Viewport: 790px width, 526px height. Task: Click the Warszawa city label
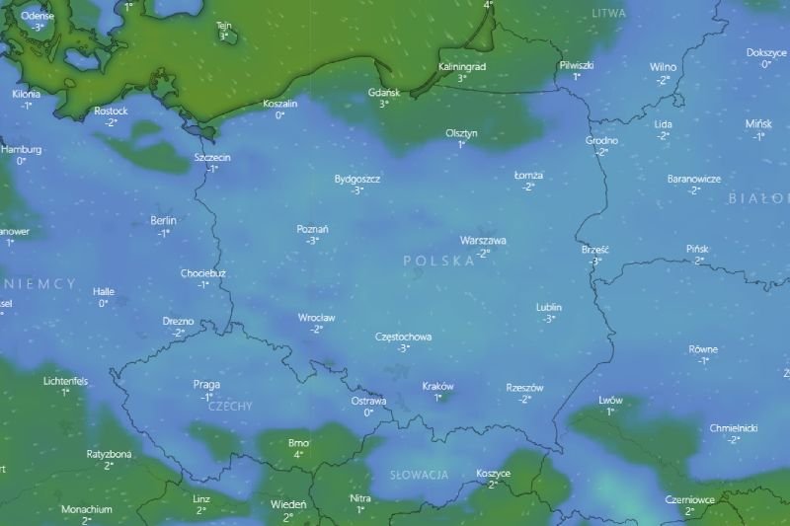(483, 240)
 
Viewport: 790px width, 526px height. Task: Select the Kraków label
(437, 386)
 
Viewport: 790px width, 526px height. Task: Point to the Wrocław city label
(316, 318)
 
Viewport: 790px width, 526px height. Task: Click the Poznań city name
(312, 229)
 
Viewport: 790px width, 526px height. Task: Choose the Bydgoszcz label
(357, 179)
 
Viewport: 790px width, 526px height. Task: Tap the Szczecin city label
(212, 157)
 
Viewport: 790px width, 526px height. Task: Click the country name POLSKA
(438, 261)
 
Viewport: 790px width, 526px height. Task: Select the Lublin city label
(549, 307)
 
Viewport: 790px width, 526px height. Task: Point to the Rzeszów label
(524, 388)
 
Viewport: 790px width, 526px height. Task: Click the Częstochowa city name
(403, 337)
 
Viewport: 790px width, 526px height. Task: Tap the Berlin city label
(163, 221)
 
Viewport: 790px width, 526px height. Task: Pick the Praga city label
(207, 385)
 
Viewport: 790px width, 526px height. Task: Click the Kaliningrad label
(461, 66)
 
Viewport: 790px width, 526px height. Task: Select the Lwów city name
(610, 400)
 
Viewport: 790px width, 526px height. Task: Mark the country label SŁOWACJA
(419, 476)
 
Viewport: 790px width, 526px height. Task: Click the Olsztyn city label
(461, 132)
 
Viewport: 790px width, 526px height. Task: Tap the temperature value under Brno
(298, 455)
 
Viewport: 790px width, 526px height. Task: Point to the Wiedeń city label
(288, 504)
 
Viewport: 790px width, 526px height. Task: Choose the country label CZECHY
(231, 407)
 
